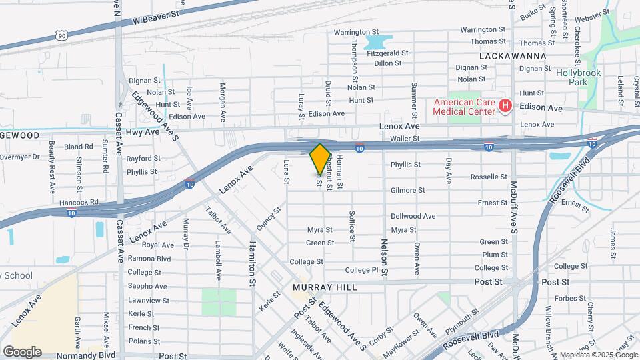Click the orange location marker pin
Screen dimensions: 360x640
pyautogui.click(x=320, y=159)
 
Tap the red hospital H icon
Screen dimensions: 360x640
pyautogui.click(x=505, y=106)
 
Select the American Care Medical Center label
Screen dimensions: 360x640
pyautogui.click(x=465, y=107)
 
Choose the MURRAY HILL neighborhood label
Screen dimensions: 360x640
pyautogui.click(x=325, y=287)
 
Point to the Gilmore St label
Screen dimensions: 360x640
pyautogui.click(x=408, y=190)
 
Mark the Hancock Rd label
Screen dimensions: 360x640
pyautogui.click(x=81, y=201)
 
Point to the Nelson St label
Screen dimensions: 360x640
pyautogui.click(x=384, y=257)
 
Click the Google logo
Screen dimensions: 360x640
pyautogui.click(x=21, y=352)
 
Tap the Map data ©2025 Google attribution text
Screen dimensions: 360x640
pyautogui.click(x=597, y=355)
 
